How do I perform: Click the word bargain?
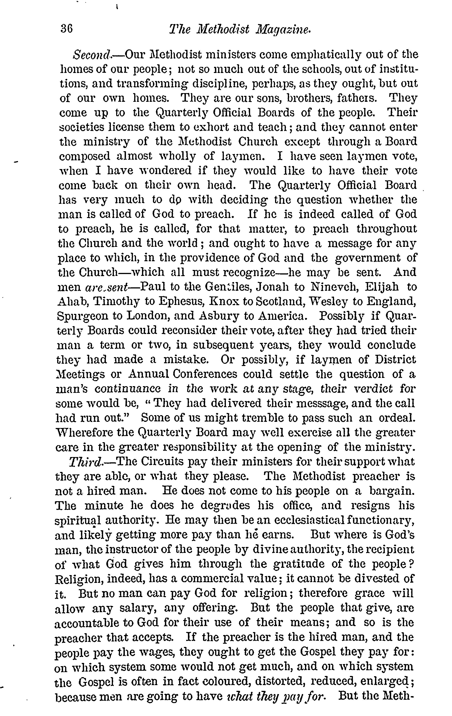tap(392, 491)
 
